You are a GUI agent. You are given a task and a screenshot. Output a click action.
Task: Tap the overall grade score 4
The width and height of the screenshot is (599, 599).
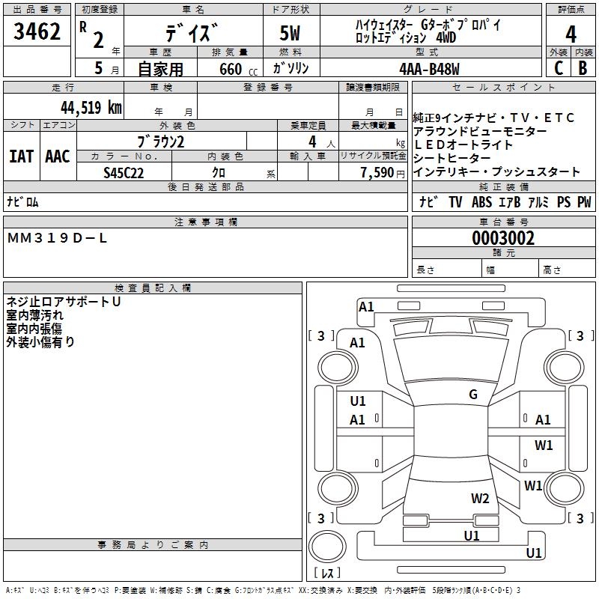click(571, 34)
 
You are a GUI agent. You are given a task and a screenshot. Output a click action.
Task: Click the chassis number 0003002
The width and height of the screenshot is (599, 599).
click(502, 238)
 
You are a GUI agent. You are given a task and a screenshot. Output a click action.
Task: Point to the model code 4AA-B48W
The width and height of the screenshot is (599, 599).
click(429, 68)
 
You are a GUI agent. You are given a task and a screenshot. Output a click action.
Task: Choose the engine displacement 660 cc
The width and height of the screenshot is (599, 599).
click(229, 68)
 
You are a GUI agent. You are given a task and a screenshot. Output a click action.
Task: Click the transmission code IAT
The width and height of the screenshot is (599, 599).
click(21, 156)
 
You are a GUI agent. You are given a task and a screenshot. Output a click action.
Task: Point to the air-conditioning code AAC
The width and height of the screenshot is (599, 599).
click(57, 156)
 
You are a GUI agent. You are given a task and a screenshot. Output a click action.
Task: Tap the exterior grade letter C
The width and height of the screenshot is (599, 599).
click(557, 68)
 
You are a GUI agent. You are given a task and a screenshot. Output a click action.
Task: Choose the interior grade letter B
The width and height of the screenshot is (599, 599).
click(583, 68)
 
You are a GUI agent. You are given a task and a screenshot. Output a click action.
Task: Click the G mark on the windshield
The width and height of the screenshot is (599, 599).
click(473, 395)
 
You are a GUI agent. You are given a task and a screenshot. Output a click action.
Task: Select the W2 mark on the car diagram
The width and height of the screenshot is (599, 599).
click(480, 498)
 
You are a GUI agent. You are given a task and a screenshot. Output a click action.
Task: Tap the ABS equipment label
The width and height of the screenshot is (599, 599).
click(481, 202)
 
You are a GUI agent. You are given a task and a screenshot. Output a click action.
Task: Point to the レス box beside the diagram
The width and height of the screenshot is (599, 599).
click(326, 574)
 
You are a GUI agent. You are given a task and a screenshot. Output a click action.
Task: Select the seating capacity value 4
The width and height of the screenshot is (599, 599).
click(311, 142)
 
